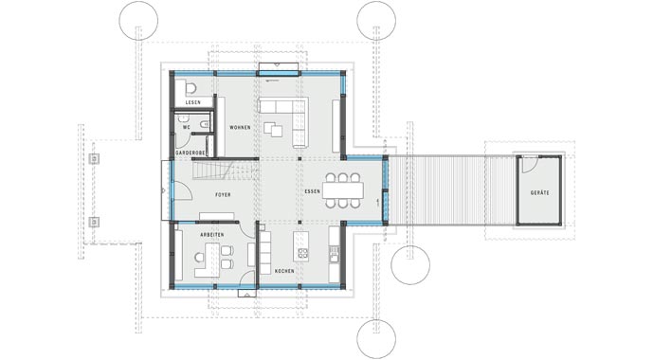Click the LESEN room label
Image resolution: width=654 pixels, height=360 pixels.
[192, 102]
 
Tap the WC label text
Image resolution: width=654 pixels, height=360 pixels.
[187, 126]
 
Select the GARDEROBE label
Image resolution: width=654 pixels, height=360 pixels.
[191, 152]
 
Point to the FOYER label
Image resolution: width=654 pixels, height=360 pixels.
[223, 194]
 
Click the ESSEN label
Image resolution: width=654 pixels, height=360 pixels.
[313, 192]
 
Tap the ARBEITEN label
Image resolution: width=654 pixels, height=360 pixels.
[211, 233]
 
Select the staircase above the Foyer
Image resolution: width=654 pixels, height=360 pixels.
[226, 171]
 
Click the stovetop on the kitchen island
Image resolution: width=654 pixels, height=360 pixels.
[304, 253]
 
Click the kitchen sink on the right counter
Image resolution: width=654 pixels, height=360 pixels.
[334, 252]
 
